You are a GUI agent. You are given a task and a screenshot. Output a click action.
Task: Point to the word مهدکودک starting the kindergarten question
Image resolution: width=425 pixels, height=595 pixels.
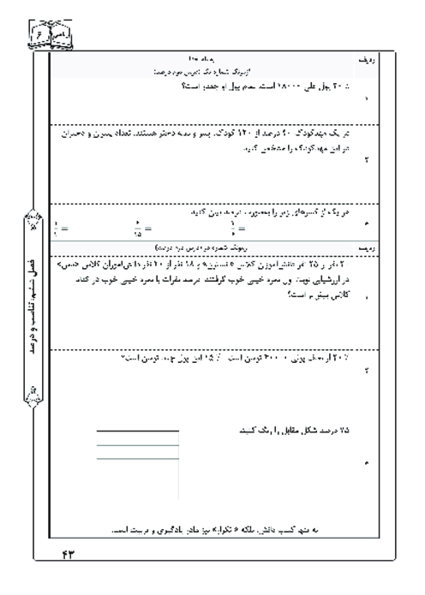[x=327, y=135]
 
